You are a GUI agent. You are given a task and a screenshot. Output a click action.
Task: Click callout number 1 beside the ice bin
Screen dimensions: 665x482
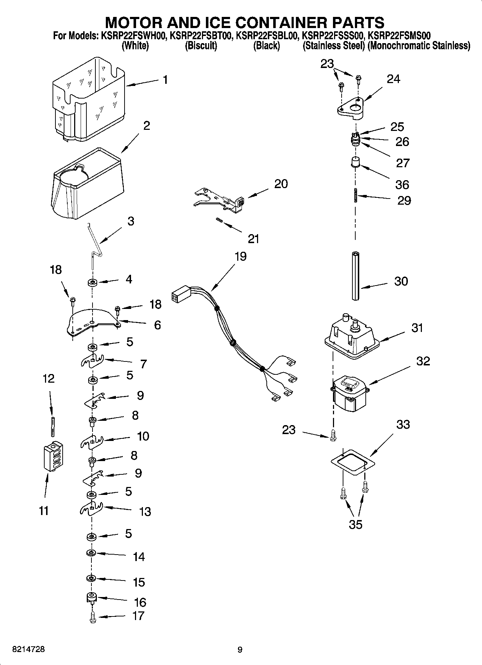point(165,79)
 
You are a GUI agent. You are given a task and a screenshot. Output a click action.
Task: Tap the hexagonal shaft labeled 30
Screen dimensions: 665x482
point(356,276)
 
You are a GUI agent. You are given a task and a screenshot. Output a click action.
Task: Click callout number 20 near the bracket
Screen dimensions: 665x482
point(281,184)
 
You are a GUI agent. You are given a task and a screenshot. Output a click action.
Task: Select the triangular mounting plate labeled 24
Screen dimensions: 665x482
point(351,107)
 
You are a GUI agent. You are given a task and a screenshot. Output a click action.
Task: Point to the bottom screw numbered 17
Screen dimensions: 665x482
point(93,617)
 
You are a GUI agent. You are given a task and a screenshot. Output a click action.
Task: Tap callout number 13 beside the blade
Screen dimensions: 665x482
point(145,511)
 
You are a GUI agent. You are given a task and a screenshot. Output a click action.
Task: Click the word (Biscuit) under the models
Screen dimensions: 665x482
point(201,46)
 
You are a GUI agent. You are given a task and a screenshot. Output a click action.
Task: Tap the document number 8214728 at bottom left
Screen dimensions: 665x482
point(28,650)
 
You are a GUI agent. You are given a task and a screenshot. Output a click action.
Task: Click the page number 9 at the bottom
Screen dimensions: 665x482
point(240,650)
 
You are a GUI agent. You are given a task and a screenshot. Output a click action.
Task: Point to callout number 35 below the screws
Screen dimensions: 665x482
point(355,525)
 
